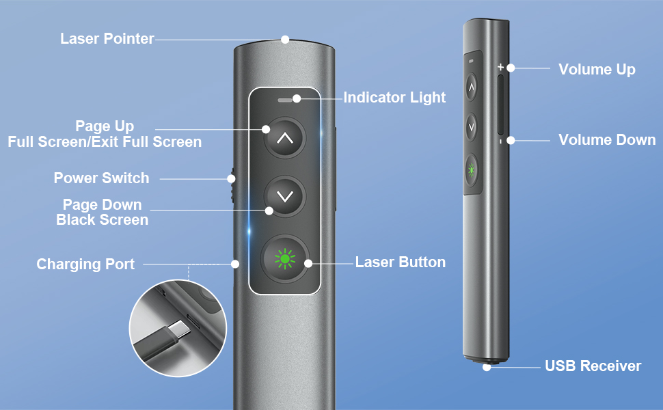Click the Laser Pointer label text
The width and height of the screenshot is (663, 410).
(107, 39)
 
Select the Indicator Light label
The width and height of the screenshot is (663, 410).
(394, 98)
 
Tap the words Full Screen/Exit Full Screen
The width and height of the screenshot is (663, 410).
(105, 142)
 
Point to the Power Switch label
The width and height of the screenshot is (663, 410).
(101, 178)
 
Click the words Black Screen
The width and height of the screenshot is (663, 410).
(102, 220)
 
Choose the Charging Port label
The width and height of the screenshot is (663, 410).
(85, 264)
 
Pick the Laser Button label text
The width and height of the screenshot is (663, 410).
(401, 262)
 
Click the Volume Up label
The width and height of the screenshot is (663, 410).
(597, 70)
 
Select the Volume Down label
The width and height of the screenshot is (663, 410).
(607, 140)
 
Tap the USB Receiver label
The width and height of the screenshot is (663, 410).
(593, 366)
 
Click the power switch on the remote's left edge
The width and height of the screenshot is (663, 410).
(232, 185)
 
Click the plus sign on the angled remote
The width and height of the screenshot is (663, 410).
(500, 68)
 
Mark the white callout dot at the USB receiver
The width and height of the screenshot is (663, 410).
(487, 367)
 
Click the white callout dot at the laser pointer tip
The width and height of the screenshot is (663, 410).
(286, 40)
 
